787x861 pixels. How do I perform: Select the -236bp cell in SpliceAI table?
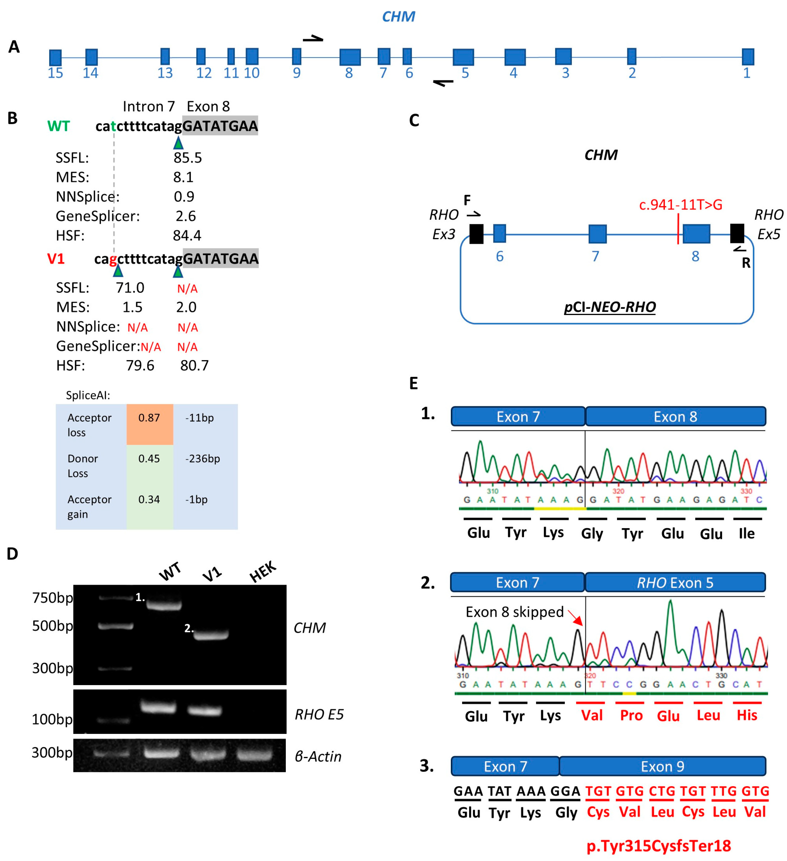[203, 459]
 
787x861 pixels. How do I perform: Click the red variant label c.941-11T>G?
[680, 205]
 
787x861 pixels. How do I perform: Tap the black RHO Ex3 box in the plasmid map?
[476, 234]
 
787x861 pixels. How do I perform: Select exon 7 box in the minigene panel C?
[597, 234]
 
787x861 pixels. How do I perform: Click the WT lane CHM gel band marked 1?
[164, 605]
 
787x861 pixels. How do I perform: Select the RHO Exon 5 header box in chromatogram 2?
[675, 583]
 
